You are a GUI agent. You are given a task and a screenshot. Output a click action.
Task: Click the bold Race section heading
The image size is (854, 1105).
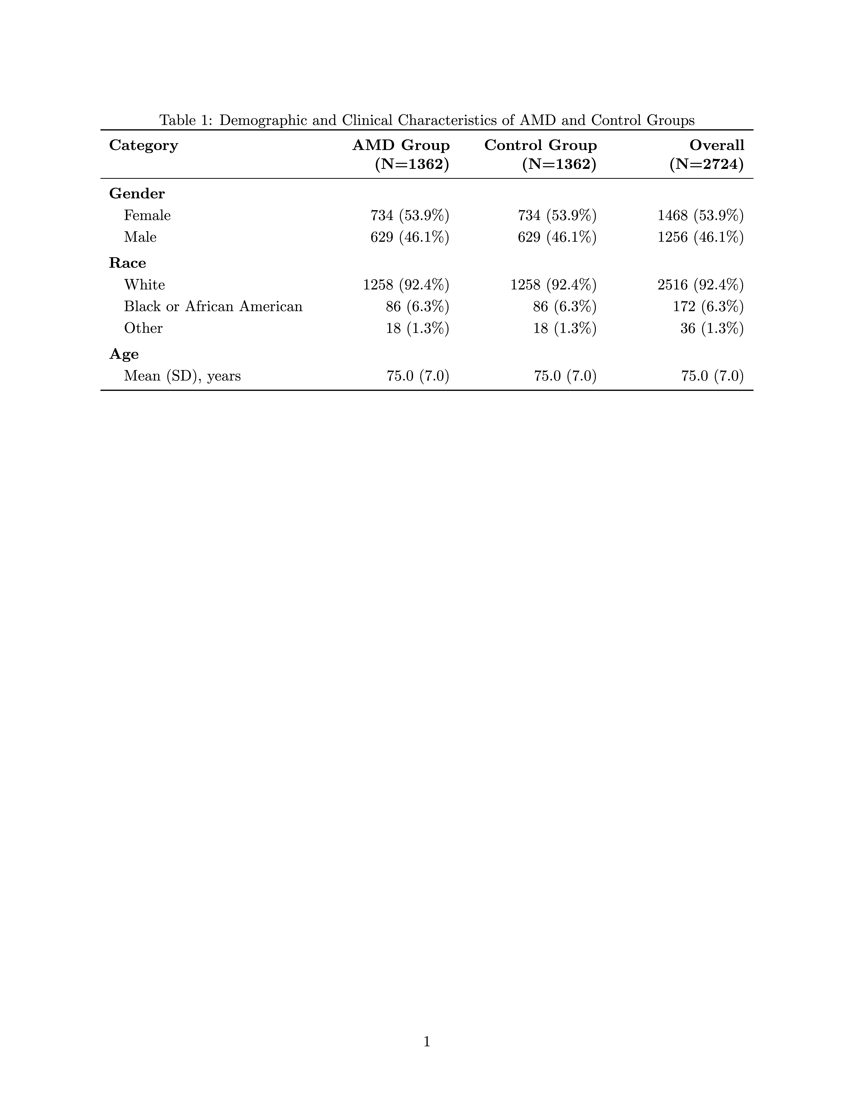pos(128,263)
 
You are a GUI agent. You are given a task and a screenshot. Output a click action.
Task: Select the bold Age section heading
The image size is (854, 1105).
pos(124,354)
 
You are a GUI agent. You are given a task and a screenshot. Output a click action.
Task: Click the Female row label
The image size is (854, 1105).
pos(147,216)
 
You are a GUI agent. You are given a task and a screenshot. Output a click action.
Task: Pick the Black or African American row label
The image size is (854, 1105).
pos(213,307)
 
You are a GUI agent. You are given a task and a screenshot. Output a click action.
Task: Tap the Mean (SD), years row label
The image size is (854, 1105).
pos(182,376)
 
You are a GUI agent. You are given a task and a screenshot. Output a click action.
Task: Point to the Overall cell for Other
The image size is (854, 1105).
pos(712,328)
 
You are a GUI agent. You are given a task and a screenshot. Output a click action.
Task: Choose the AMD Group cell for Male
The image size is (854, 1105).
pos(410,237)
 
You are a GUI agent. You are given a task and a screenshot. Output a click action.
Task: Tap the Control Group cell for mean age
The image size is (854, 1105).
pos(565,376)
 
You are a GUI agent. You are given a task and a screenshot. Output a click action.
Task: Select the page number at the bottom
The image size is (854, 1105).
pos(427,1041)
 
